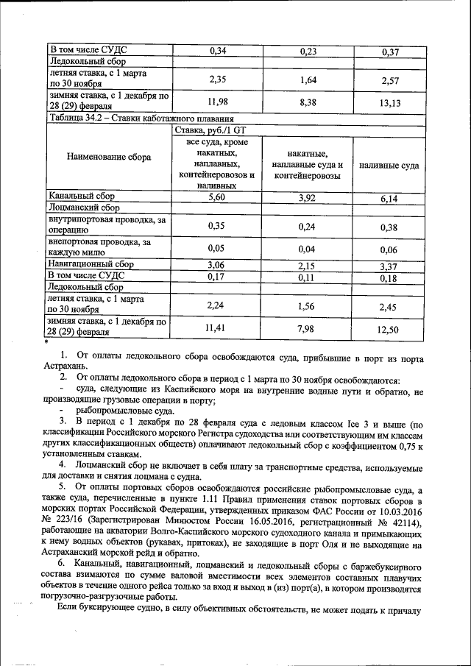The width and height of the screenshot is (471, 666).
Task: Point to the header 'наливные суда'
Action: [x=389, y=166]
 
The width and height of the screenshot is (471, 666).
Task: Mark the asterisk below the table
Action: [x=46, y=343]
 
